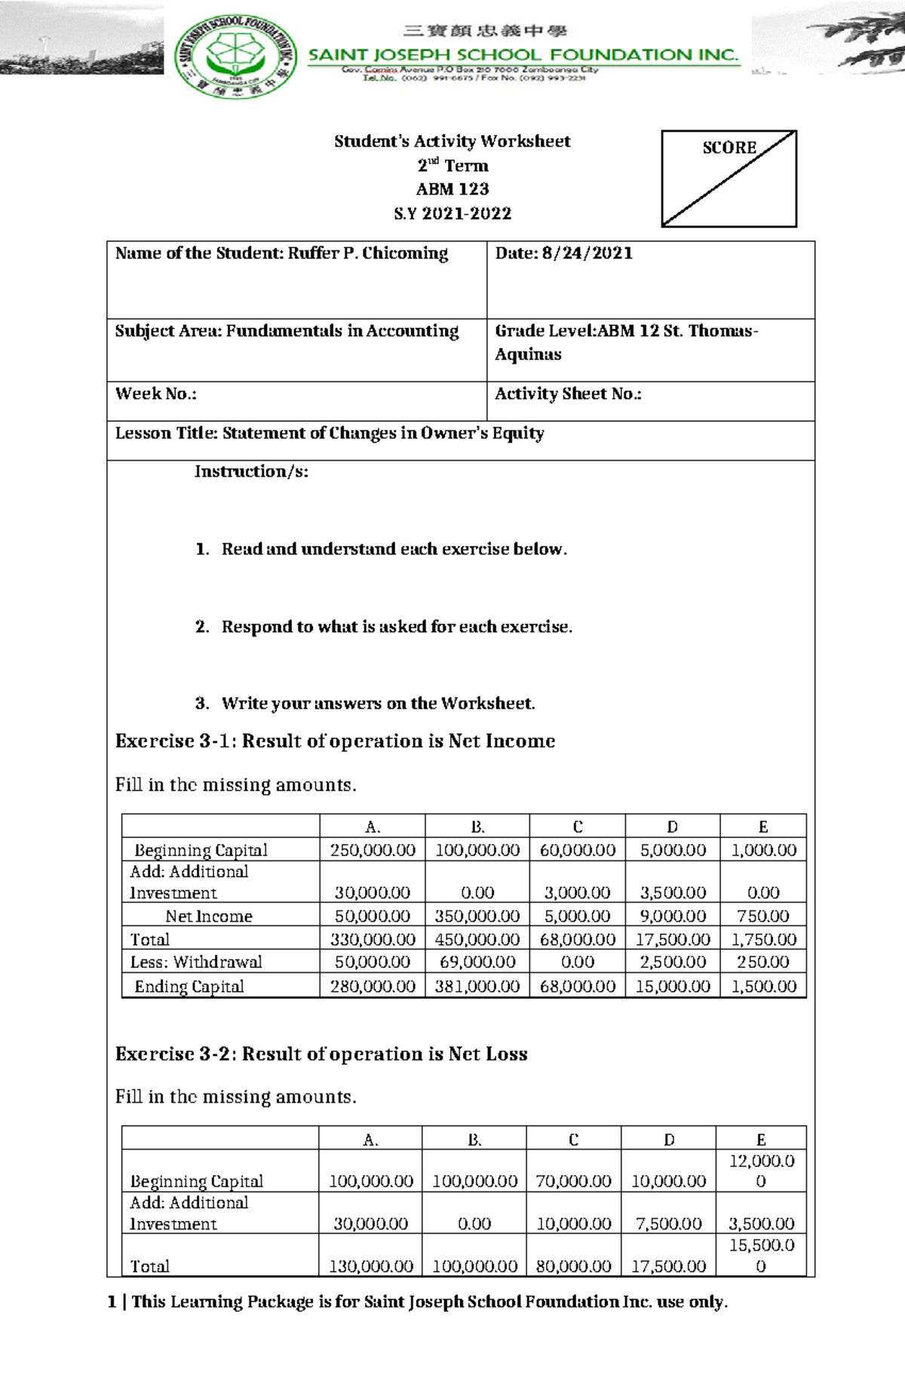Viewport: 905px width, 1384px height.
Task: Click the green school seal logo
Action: click(x=235, y=57)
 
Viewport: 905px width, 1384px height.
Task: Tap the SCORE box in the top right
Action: click(x=729, y=178)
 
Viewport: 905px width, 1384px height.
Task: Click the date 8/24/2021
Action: click(x=587, y=253)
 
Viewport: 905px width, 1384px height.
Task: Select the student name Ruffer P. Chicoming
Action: click(x=367, y=253)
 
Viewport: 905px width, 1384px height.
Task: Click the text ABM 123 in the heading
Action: click(x=452, y=189)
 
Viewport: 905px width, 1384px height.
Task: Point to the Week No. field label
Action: click(x=155, y=394)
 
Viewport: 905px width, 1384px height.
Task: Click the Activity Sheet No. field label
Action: click(x=568, y=394)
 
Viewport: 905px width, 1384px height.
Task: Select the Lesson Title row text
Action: click(x=330, y=434)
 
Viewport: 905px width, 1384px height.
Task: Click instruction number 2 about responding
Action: click(x=396, y=627)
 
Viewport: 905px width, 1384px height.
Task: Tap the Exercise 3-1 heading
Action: click(x=335, y=741)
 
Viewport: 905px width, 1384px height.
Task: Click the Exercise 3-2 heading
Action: click(x=321, y=1054)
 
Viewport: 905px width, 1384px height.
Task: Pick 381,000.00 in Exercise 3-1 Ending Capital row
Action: click(x=477, y=987)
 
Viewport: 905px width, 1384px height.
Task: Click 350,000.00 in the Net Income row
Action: click(x=477, y=916)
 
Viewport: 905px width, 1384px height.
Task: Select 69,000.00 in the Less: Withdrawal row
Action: click(x=477, y=962)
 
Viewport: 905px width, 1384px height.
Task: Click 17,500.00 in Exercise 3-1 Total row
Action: click(x=673, y=940)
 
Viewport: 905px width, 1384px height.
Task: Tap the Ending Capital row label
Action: click(x=189, y=987)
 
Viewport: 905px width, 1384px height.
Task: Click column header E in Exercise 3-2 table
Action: click(x=761, y=1140)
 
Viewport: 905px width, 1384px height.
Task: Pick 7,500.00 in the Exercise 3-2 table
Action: click(x=669, y=1223)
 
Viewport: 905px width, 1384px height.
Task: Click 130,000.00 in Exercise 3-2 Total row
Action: click(x=370, y=1266)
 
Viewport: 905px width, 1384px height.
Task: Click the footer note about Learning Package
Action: click(x=419, y=1302)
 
